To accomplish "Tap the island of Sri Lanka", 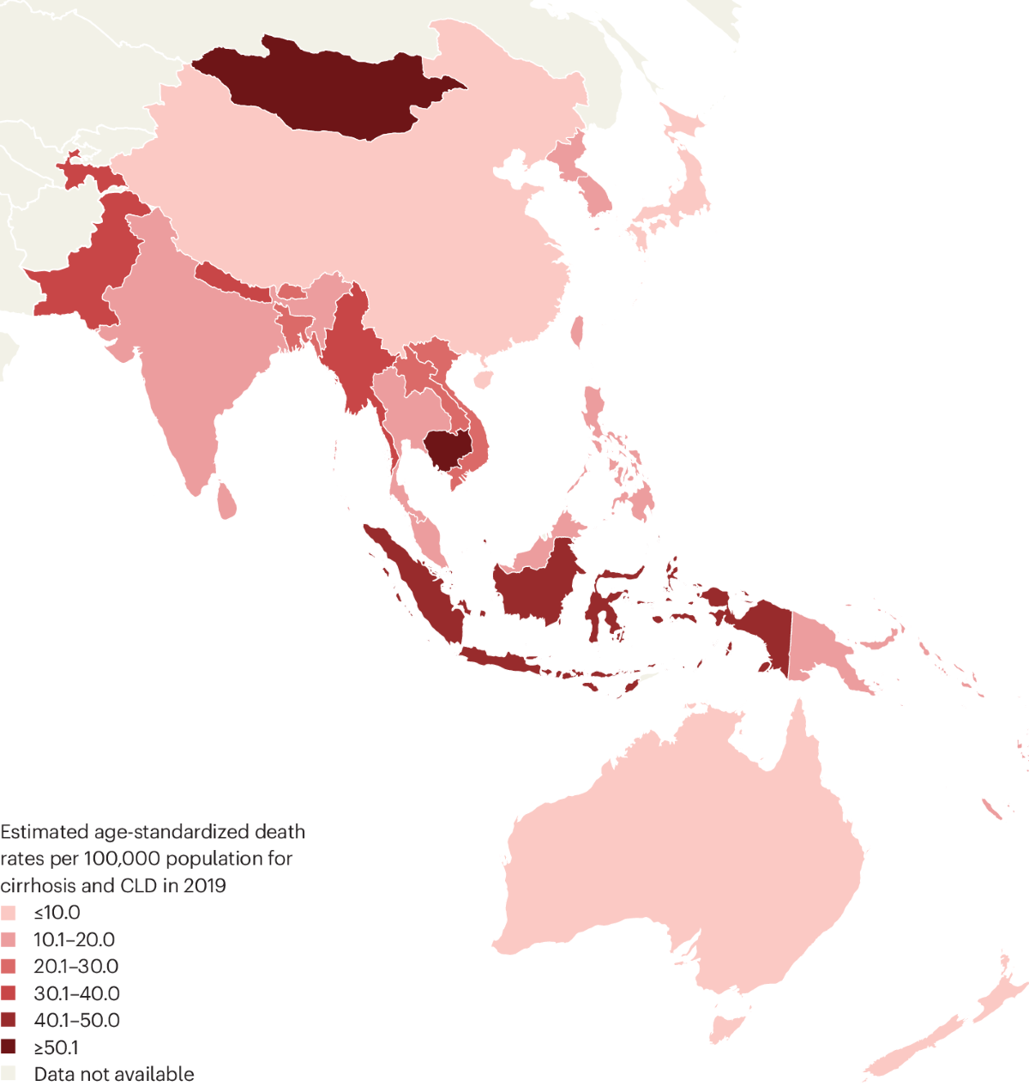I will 226,502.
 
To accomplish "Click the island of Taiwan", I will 577,331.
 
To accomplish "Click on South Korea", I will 597,196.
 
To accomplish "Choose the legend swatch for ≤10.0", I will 9,913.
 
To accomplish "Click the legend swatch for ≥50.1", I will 9,1047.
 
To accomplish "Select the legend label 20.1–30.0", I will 76,967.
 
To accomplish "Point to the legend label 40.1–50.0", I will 76,1021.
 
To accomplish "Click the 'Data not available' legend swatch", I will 9,1074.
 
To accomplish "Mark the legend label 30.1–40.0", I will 76,993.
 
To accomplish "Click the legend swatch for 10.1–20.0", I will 9,940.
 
